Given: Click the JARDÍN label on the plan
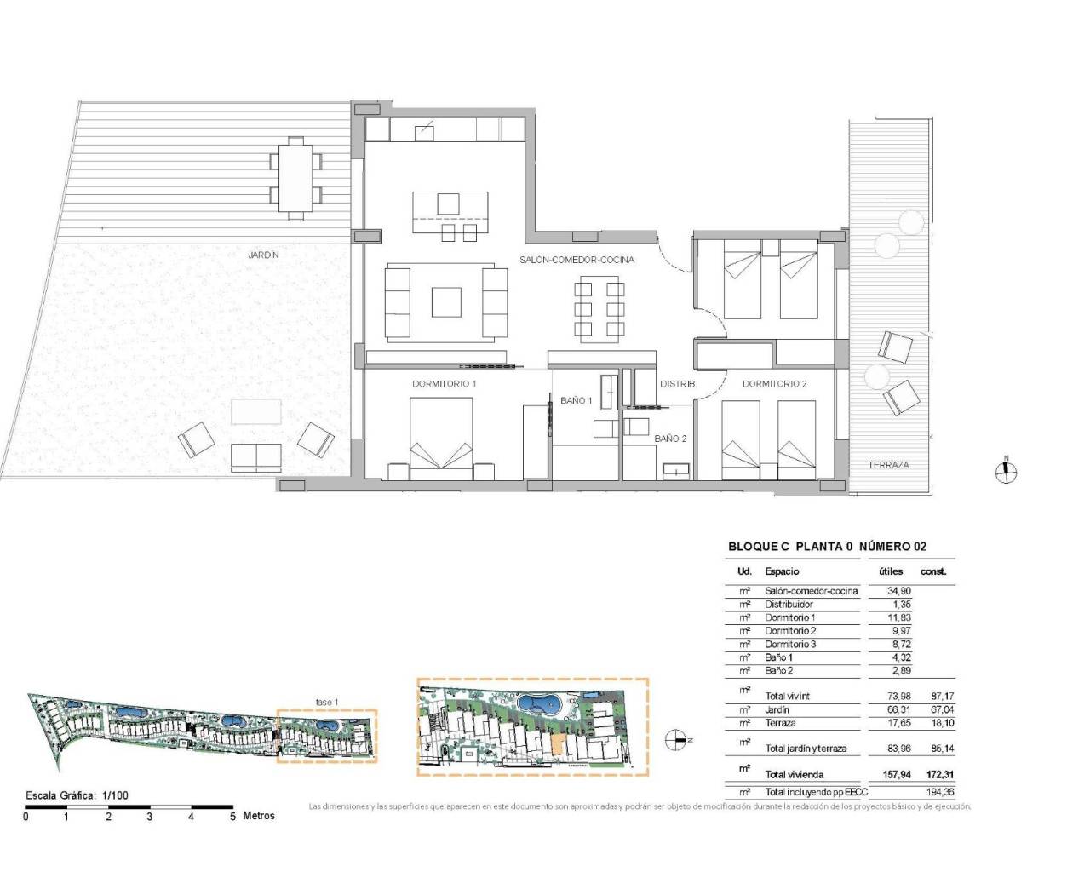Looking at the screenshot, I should (x=263, y=255).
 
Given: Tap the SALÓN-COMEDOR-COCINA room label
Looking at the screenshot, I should (x=577, y=260).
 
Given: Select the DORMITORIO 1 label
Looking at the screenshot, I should (x=444, y=384).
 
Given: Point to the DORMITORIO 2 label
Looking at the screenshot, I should (x=774, y=384).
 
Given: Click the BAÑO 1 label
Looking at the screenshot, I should (x=576, y=400).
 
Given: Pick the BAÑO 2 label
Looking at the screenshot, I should (x=670, y=439).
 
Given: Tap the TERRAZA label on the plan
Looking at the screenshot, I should (x=888, y=465).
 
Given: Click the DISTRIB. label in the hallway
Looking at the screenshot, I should (x=678, y=384).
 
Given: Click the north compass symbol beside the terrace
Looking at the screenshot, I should (x=1006, y=472).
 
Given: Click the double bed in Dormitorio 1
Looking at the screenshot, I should (x=441, y=434).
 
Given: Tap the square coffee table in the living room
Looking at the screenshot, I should (x=446, y=302).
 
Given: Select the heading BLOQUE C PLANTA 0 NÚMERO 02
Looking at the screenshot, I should (x=827, y=547).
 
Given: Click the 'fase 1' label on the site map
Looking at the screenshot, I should (x=327, y=702).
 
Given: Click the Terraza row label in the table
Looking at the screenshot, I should (x=780, y=723).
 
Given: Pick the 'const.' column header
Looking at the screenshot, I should (x=932, y=571).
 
